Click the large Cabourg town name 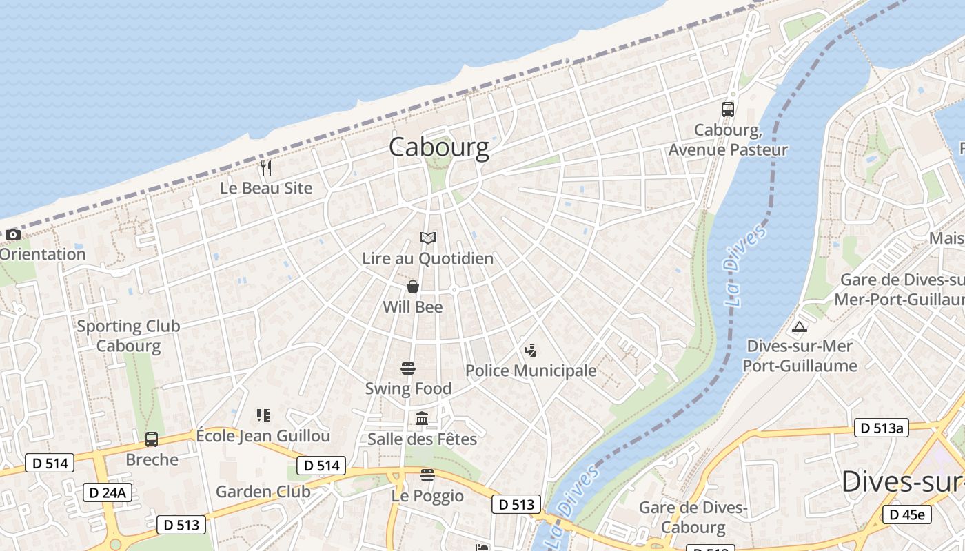(x=439, y=147)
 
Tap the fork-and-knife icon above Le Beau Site (x=266, y=167)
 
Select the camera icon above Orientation (x=12, y=234)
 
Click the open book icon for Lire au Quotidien (x=428, y=238)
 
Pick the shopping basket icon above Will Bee (x=412, y=287)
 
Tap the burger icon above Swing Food (x=408, y=368)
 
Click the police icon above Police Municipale (x=530, y=351)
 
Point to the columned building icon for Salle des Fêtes (x=422, y=418)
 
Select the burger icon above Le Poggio (x=427, y=475)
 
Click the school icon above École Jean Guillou (x=263, y=415)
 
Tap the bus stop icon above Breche (x=152, y=439)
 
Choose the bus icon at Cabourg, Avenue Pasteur (x=728, y=109)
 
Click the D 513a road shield (x=882, y=428)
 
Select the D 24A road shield (x=107, y=492)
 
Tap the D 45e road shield (x=907, y=514)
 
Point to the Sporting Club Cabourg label (x=128, y=335)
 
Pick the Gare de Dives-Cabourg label (x=693, y=518)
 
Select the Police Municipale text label (x=531, y=371)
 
